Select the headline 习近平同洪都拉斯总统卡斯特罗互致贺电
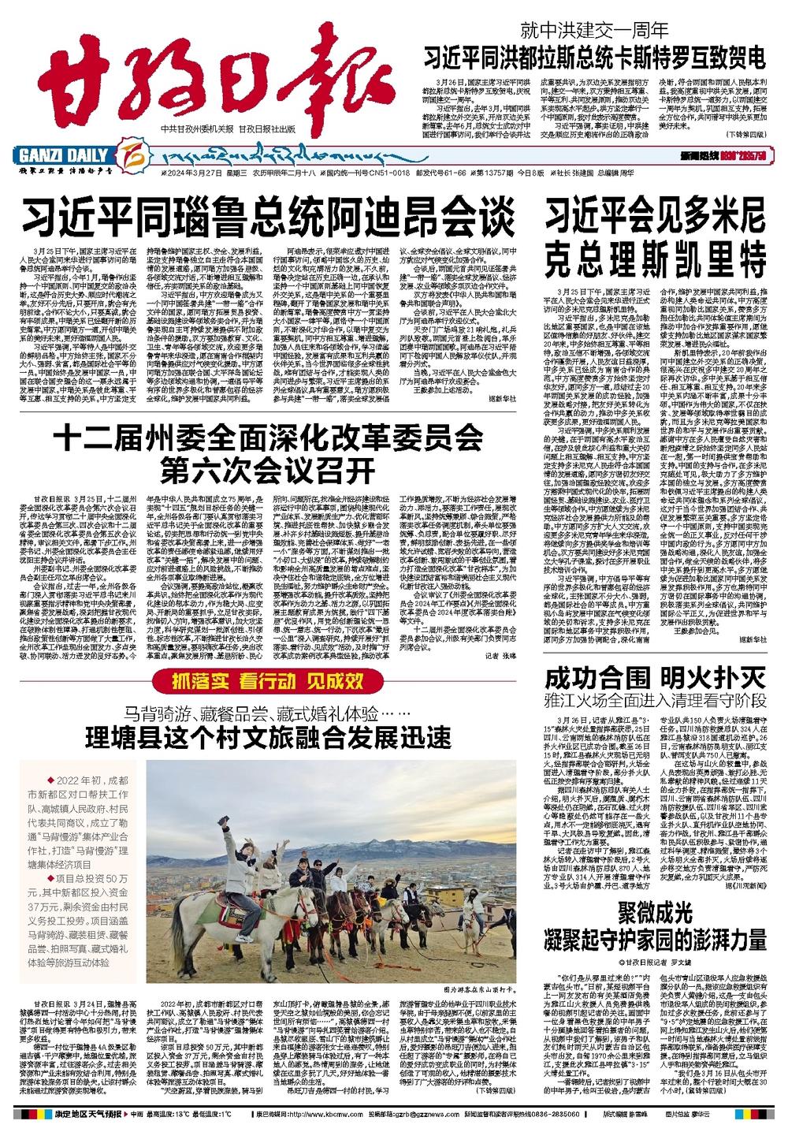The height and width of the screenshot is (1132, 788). click(x=594, y=58)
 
